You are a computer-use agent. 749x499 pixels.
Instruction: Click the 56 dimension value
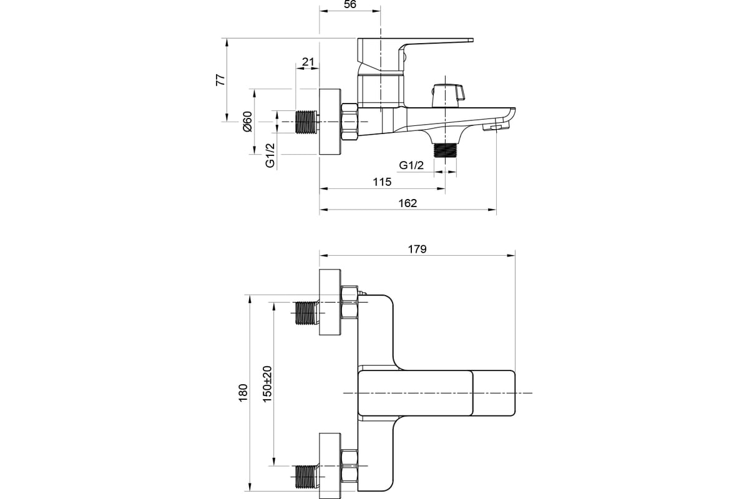click(x=350, y=4)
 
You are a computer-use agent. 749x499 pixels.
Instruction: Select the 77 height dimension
click(x=221, y=80)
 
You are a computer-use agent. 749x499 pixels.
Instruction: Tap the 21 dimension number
click(x=308, y=62)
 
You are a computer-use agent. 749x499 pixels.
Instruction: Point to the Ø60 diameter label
click(x=247, y=122)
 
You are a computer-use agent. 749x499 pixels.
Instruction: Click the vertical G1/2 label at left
click(x=270, y=155)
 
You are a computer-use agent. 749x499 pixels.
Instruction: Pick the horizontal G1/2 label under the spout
click(x=411, y=165)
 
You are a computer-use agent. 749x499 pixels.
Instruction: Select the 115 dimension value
click(x=382, y=182)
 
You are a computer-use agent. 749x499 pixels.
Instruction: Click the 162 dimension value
click(x=408, y=203)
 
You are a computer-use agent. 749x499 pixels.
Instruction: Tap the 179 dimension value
click(x=418, y=249)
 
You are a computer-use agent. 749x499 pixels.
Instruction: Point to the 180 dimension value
click(x=243, y=393)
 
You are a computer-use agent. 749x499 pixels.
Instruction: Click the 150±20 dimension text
click(x=268, y=384)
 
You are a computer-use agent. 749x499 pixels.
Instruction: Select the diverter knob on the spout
click(x=448, y=95)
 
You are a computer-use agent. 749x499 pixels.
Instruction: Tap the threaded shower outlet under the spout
click(x=445, y=150)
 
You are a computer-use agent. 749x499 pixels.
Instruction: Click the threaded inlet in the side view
click(x=306, y=122)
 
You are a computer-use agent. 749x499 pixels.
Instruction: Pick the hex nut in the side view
click(x=350, y=122)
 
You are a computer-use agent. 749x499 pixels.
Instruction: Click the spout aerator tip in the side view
click(x=495, y=127)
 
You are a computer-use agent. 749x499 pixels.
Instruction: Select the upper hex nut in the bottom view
click(x=350, y=302)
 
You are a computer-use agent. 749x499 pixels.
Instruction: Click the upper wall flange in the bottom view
click(x=330, y=302)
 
